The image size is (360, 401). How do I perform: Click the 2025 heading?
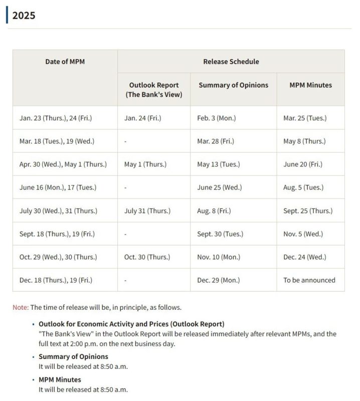coord(24,16)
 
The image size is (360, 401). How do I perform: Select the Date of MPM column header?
coord(65,62)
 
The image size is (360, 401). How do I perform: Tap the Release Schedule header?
coord(231,62)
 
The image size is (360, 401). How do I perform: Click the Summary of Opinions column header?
coord(233,85)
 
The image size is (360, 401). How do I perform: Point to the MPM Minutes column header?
coord(310,85)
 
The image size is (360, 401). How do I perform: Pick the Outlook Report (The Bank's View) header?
coord(154,90)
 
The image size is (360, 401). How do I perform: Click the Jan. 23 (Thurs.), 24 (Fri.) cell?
coord(56,118)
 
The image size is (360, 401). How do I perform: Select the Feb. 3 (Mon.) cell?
coord(216,118)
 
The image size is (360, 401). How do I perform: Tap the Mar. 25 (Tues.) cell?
coord(305,118)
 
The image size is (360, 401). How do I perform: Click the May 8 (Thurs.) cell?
coord(304,141)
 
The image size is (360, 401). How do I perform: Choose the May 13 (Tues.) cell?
coord(218,164)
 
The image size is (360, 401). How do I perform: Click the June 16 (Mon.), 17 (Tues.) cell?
coord(58,187)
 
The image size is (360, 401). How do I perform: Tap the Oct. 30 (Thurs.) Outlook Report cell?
coord(147,257)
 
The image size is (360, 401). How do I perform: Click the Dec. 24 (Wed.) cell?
coord(304,257)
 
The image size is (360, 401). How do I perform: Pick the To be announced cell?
coord(309,280)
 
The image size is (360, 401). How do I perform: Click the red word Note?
coord(20,307)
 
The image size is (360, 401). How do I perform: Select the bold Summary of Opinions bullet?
coord(73,357)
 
